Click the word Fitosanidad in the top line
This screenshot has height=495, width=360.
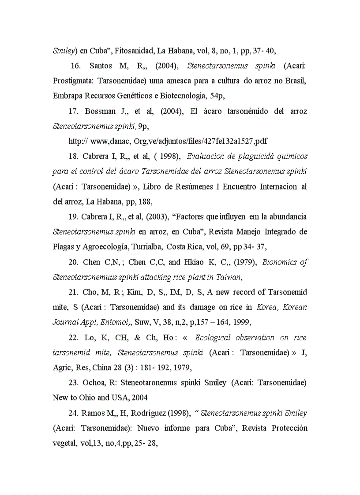(134, 51)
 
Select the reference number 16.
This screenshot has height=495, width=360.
(75, 66)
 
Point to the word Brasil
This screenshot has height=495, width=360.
(296, 81)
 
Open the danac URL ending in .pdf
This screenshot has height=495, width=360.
(168, 141)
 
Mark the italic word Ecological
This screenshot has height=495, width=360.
(219, 338)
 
